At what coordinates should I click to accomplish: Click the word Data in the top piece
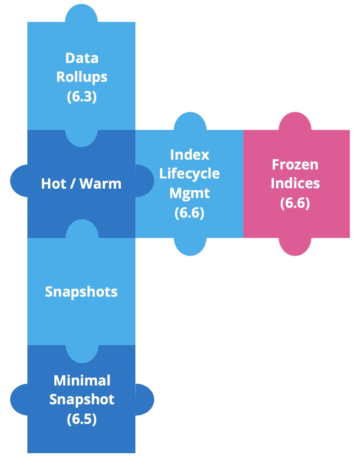(81, 58)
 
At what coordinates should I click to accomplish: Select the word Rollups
(81, 77)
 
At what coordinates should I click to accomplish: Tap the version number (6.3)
(81, 96)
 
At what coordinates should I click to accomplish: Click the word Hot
(54, 184)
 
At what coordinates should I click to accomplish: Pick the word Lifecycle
(189, 174)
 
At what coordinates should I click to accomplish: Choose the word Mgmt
(189, 193)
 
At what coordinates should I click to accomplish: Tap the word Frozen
(295, 164)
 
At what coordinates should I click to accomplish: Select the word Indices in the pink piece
(295, 183)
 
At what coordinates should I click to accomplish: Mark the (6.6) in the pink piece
(295, 203)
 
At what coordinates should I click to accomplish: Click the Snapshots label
(81, 292)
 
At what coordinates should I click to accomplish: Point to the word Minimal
(81, 380)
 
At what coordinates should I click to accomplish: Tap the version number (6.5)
(81, 419)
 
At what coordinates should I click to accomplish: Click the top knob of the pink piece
(295, 121)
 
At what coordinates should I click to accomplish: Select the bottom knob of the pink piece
(295, 247)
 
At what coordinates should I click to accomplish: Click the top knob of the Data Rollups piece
(81, 13)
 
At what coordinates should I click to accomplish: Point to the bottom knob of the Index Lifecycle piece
(190, 247)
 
